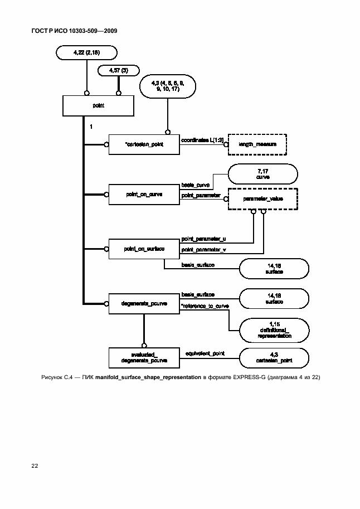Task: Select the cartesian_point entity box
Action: tap(144, 144)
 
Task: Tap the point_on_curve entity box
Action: tap(144, 195)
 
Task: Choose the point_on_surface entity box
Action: tap(144, 248)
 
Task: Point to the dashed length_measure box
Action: tap(257, 144)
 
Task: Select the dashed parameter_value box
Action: tap(262, 198)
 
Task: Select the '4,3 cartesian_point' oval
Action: tap(273, 358)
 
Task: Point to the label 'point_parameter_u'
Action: tap(200, 239)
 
